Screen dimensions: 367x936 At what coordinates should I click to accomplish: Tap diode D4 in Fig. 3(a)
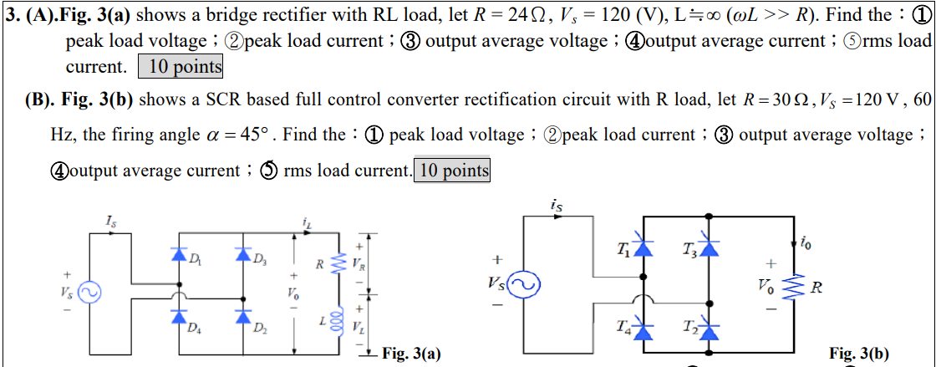pyautogui.click(x=179, y=317)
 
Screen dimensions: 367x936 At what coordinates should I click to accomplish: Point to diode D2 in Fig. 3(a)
pyautogui.click(x=243, y=317)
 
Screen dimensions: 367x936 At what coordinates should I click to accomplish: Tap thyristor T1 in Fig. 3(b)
pyautogui.click(x=642, y=246)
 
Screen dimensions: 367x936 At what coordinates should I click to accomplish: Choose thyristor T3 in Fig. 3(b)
pyautogui.click(x=709, y=246)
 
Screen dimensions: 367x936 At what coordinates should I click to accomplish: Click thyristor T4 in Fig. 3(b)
pyautogui.click(x=642, y=330)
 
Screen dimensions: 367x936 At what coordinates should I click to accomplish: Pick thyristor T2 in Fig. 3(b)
pyautogui.click(x=709, y=330)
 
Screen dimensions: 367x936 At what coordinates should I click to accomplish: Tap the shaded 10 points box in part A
pyautogui.click(x=180, y=67)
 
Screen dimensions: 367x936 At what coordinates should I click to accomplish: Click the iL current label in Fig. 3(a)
pyautogui.click(x=306, y=221)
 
